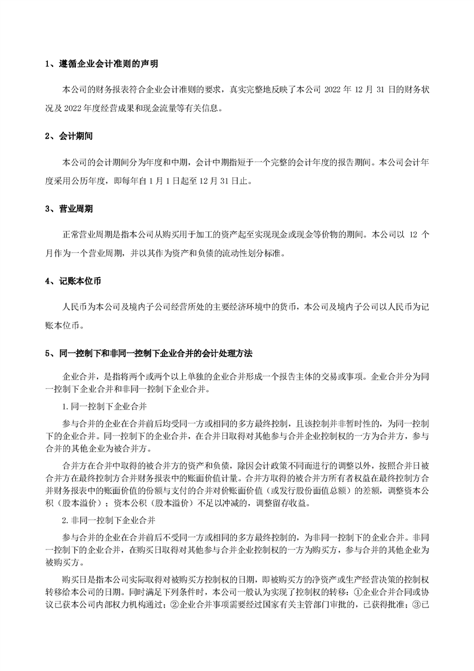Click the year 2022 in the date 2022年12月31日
(333, 90)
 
